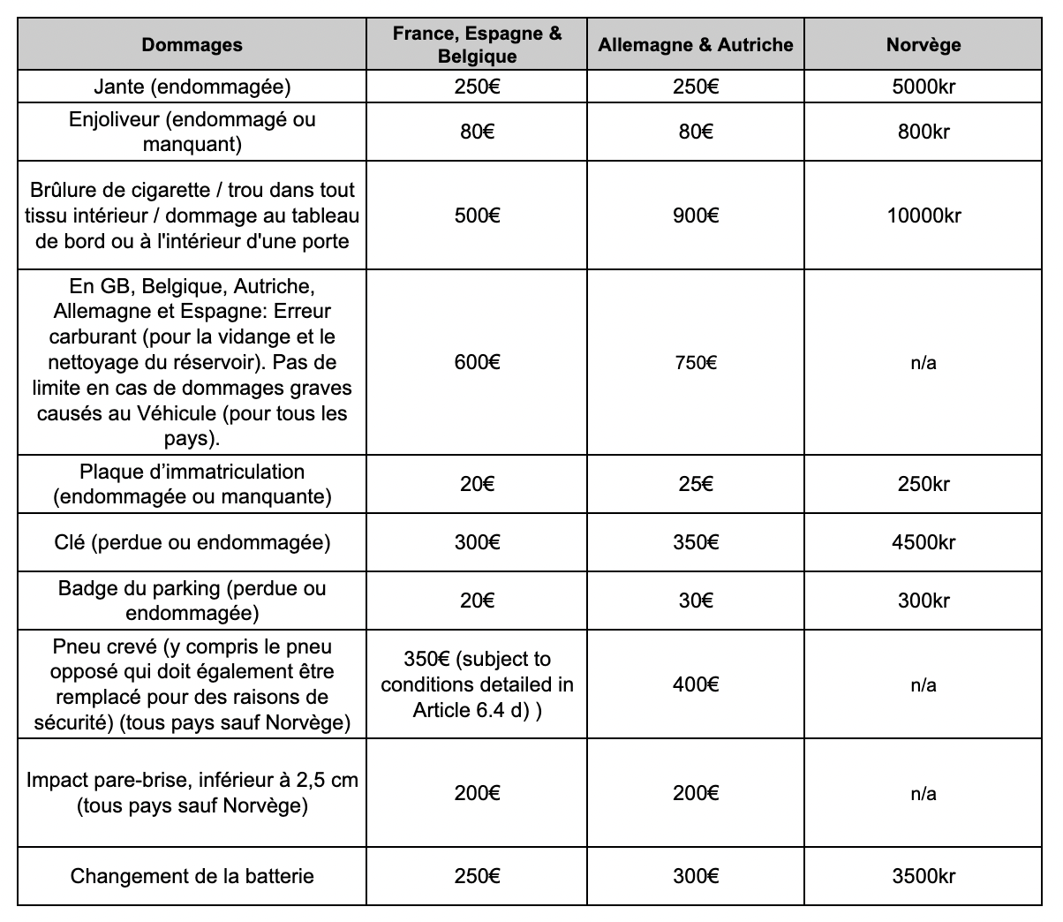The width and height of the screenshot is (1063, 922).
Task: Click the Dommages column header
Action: point(192,45)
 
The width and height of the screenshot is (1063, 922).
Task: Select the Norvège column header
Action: point(923,45)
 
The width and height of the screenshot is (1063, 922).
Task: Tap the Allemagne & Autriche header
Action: point(696,45)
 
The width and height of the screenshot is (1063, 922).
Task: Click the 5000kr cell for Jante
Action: point(923,87)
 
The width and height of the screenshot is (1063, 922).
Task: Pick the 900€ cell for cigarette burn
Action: point(696,215)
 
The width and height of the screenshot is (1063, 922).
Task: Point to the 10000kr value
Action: point(923,215)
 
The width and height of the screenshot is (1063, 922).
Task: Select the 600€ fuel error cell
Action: point(477,362)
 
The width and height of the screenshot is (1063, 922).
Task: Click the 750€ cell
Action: point(696,362)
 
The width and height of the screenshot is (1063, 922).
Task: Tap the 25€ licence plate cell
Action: point(696,484)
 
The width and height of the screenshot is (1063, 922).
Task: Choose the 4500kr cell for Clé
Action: point(923,542)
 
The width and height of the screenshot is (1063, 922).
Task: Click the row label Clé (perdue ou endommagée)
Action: point(192,542)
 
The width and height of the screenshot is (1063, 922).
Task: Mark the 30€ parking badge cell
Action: point(696,601)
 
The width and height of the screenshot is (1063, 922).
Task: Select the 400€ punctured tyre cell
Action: point(696,684)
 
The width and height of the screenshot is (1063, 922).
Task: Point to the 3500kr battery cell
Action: point(923,876)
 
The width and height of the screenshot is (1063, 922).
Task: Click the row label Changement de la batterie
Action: point(192,876)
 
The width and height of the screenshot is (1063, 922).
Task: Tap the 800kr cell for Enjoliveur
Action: point(923,132)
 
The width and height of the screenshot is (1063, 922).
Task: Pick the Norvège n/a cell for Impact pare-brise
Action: point(923,793)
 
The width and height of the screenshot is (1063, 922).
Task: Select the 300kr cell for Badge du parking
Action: point(923,601)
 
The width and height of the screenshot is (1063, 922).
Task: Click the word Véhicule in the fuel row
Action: point(180,413)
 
